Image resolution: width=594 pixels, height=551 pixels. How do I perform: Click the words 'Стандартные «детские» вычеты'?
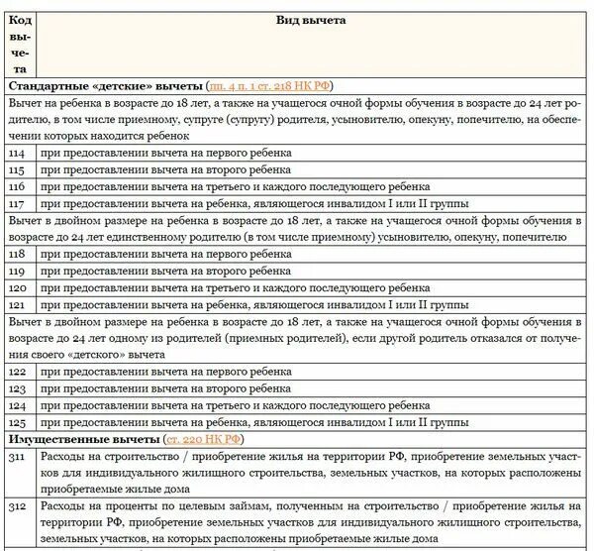[x=105, y=86]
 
